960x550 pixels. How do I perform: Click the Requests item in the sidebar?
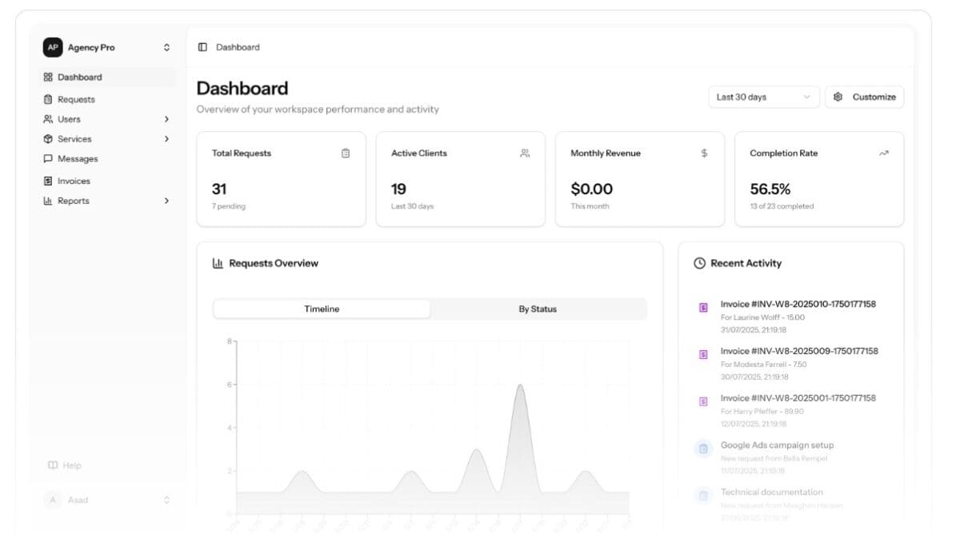pyautogui.click(x=76, y=100)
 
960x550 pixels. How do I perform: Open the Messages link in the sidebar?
pyautogui.click(x=77, y=159)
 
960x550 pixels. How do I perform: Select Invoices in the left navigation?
pyautogui.click(x=74, y=181)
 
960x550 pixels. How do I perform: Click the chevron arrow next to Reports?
pyautogui.click(x=166, y=201)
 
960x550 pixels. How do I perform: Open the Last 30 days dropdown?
pyautogui.click(x=763, y=98)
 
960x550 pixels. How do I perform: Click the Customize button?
pyautogui.click(x=864, y=98)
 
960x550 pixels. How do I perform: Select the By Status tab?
pyautogui.click(x=537, y=309)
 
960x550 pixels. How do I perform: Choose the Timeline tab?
pyautogui.click(x=322, y=309)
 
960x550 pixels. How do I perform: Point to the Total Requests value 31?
pyautogui.click(x=219, y=189)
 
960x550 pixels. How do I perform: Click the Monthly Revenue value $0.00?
pyautogui.click(x=591, y=189)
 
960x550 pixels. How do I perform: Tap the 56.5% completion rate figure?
pyautogui.click(x=770, y=189)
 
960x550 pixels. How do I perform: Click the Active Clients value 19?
pyautogui.click(x=398, y=189)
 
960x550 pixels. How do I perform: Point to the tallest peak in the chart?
pyautogui.click(x=520, y=386)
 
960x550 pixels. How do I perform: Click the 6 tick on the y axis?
pyautogui.click(x=229, y=385)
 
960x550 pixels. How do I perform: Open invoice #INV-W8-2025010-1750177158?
pyautogui.click(x=798, y=305)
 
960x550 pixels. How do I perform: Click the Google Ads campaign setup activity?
pyautogui.click(x=777, y=446)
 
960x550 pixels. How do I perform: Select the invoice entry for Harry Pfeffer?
pyautogui.click(x=798, y=399)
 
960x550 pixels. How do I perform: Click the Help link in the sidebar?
pyautogui.click(x=72, y=466)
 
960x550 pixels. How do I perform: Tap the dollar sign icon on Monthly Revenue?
pyautogui.click(x=704, y=153)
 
